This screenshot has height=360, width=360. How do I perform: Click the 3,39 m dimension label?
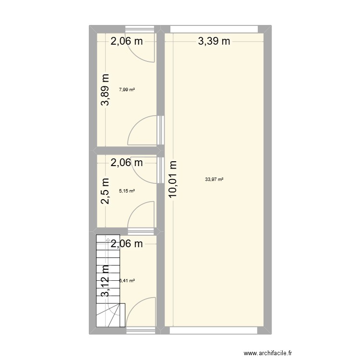point(214,41)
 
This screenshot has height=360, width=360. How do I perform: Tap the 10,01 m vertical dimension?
point(173,179)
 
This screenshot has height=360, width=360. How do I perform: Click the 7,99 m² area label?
point(127,89)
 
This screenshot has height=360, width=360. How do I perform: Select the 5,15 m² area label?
point(127,191)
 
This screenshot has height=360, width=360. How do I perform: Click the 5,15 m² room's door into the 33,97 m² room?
point(149,170)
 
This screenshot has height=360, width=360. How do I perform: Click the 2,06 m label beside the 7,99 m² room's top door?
point(127,41)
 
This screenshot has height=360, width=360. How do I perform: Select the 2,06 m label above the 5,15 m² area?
point(127,163)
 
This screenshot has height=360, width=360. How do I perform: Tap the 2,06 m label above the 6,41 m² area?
point(127,244)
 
